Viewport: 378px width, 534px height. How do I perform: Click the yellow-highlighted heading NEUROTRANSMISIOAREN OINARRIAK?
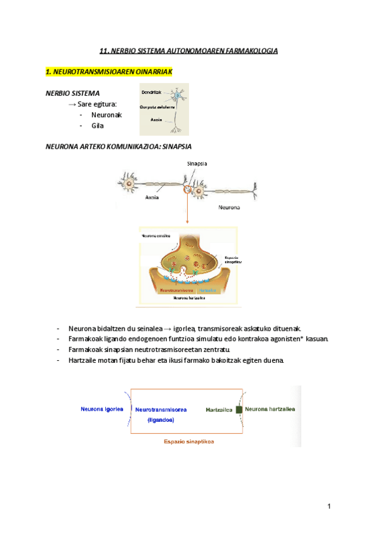[x=109, y=72]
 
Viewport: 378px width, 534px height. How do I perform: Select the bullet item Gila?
[x=98, y=125]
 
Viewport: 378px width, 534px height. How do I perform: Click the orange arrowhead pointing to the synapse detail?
[x=188, y=223]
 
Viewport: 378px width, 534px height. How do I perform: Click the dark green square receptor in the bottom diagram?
[x=239, y=409]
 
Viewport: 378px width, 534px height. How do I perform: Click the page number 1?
[x=329, y=506]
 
